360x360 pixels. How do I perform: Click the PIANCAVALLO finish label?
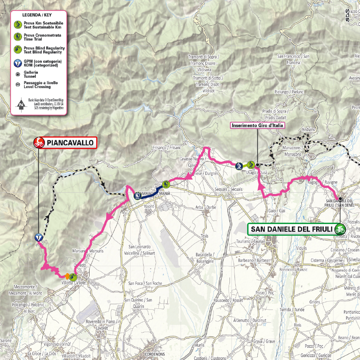pos(70,143)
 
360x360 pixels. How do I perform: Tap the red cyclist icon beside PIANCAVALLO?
pos(39,143)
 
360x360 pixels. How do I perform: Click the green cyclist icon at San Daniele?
pos(340,229)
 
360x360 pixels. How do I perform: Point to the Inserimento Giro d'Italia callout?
pos(257,125)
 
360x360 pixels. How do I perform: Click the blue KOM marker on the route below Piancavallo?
pos(39,238)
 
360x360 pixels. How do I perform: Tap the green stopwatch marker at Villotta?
pos(73,278)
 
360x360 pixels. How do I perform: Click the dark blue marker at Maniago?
pos(137,196)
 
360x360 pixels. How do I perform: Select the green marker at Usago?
pos(251,164)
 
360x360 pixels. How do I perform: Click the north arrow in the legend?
pos(21,104)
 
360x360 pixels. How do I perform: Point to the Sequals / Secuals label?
pos(229,190)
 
